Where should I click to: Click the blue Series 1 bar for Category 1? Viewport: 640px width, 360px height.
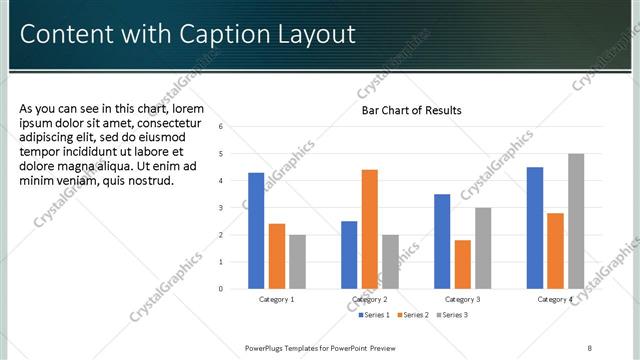(x=256, y=230)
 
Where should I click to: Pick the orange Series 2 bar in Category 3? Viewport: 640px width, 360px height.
(x=462, y=264)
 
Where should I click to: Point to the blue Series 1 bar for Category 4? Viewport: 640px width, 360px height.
(x=535, y=227)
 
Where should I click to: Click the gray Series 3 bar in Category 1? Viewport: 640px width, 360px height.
(x=297, y=261)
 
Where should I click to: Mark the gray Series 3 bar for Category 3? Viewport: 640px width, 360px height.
(x=482, y=248)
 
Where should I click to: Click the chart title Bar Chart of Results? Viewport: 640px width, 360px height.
(x=411, y=110)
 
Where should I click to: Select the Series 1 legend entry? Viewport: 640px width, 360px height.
(x=376, y=315)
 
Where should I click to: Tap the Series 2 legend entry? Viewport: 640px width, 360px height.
(x=414, y=315)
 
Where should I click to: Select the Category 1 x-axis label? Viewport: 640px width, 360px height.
(x=277, y=299)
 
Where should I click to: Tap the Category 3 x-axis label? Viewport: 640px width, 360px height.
(x=462, y=299)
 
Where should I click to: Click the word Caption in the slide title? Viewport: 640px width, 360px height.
(x=223, y=34)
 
